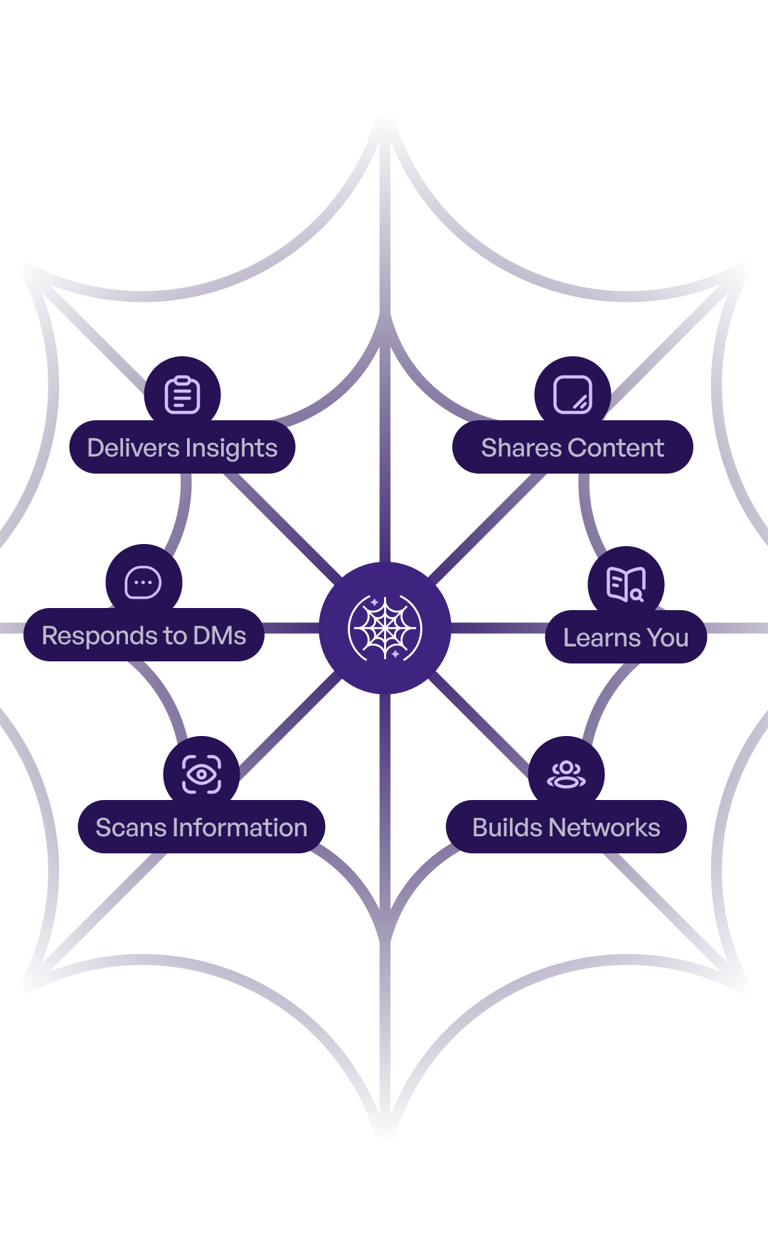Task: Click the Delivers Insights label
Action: tap(182, 448)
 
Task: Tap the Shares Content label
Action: tap(572, 448)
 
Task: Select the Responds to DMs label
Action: tap(144, 635)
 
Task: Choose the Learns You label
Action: tap(626, 638)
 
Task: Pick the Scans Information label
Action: tap(201, 827)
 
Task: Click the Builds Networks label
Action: tap(566, 827)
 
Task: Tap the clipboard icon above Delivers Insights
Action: tap(183, 395)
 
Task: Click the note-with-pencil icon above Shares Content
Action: tap(572, 395)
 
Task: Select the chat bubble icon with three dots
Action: tap(143, 583)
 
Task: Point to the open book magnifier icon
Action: tap(626, 585)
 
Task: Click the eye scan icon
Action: tap(201, 774)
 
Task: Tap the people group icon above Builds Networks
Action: tap(566, 774)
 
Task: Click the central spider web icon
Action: tap(385, 628)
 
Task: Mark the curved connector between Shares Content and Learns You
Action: tap(587, 512)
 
